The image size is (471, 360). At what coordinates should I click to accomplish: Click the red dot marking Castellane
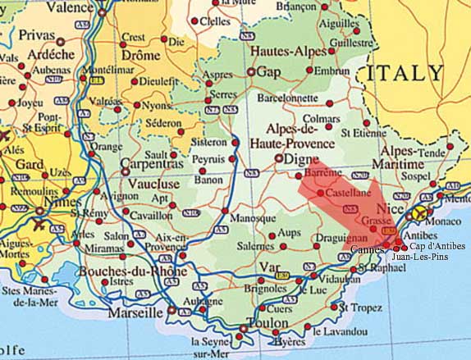coord(320,191)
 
